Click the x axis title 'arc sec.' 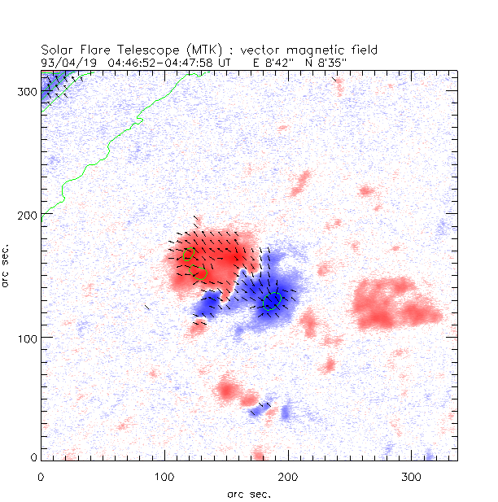coord(248,493)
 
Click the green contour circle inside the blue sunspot coord(273,300)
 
